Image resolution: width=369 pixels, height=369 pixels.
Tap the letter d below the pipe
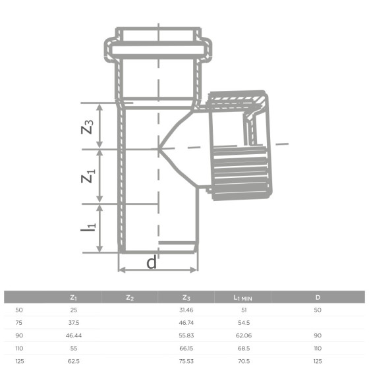click(152, 263)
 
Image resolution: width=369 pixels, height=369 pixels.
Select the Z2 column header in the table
click(130, 298)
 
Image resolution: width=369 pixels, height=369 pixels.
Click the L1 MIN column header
click(243, 298)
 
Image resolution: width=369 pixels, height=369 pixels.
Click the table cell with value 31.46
click(187, 309)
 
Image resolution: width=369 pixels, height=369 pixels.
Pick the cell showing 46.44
click(73, 335)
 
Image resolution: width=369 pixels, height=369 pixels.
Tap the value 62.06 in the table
click(243, 335)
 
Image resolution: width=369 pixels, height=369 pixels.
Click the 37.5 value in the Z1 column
click(73, 322)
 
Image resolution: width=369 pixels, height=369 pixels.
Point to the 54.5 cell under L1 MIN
click(243, 322)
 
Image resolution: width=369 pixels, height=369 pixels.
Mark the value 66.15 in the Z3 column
click(187, 349)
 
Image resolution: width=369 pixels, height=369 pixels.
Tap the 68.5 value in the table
click(243, 349)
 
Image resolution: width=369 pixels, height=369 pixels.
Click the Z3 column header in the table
click(187, 298)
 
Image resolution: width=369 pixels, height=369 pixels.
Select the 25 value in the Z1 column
click(73, 309)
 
